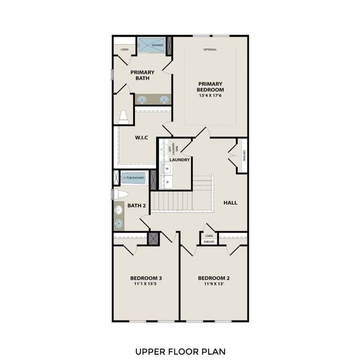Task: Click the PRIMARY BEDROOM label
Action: click(210, 86)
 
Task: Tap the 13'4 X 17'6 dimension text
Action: click(210, 95)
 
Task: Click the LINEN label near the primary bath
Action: click(124, 49)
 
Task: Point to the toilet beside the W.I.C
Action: click(123, 117)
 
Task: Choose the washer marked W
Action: click(167, 168)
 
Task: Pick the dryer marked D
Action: click(167, 181)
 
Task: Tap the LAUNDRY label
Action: click(180, 160)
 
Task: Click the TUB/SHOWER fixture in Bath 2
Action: click(134, 178)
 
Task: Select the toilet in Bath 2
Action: click(120, 194)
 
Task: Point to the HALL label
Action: click(230, 203)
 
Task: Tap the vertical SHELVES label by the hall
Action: click(243, 156)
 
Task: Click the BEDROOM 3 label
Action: click(146, 278)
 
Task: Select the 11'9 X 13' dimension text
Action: click(213, 284)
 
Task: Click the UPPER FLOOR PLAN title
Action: click(180, 351)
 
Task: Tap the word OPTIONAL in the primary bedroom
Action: click(210, 49)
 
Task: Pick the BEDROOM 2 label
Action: click(213, 278)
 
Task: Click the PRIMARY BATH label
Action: click(142, 75)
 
